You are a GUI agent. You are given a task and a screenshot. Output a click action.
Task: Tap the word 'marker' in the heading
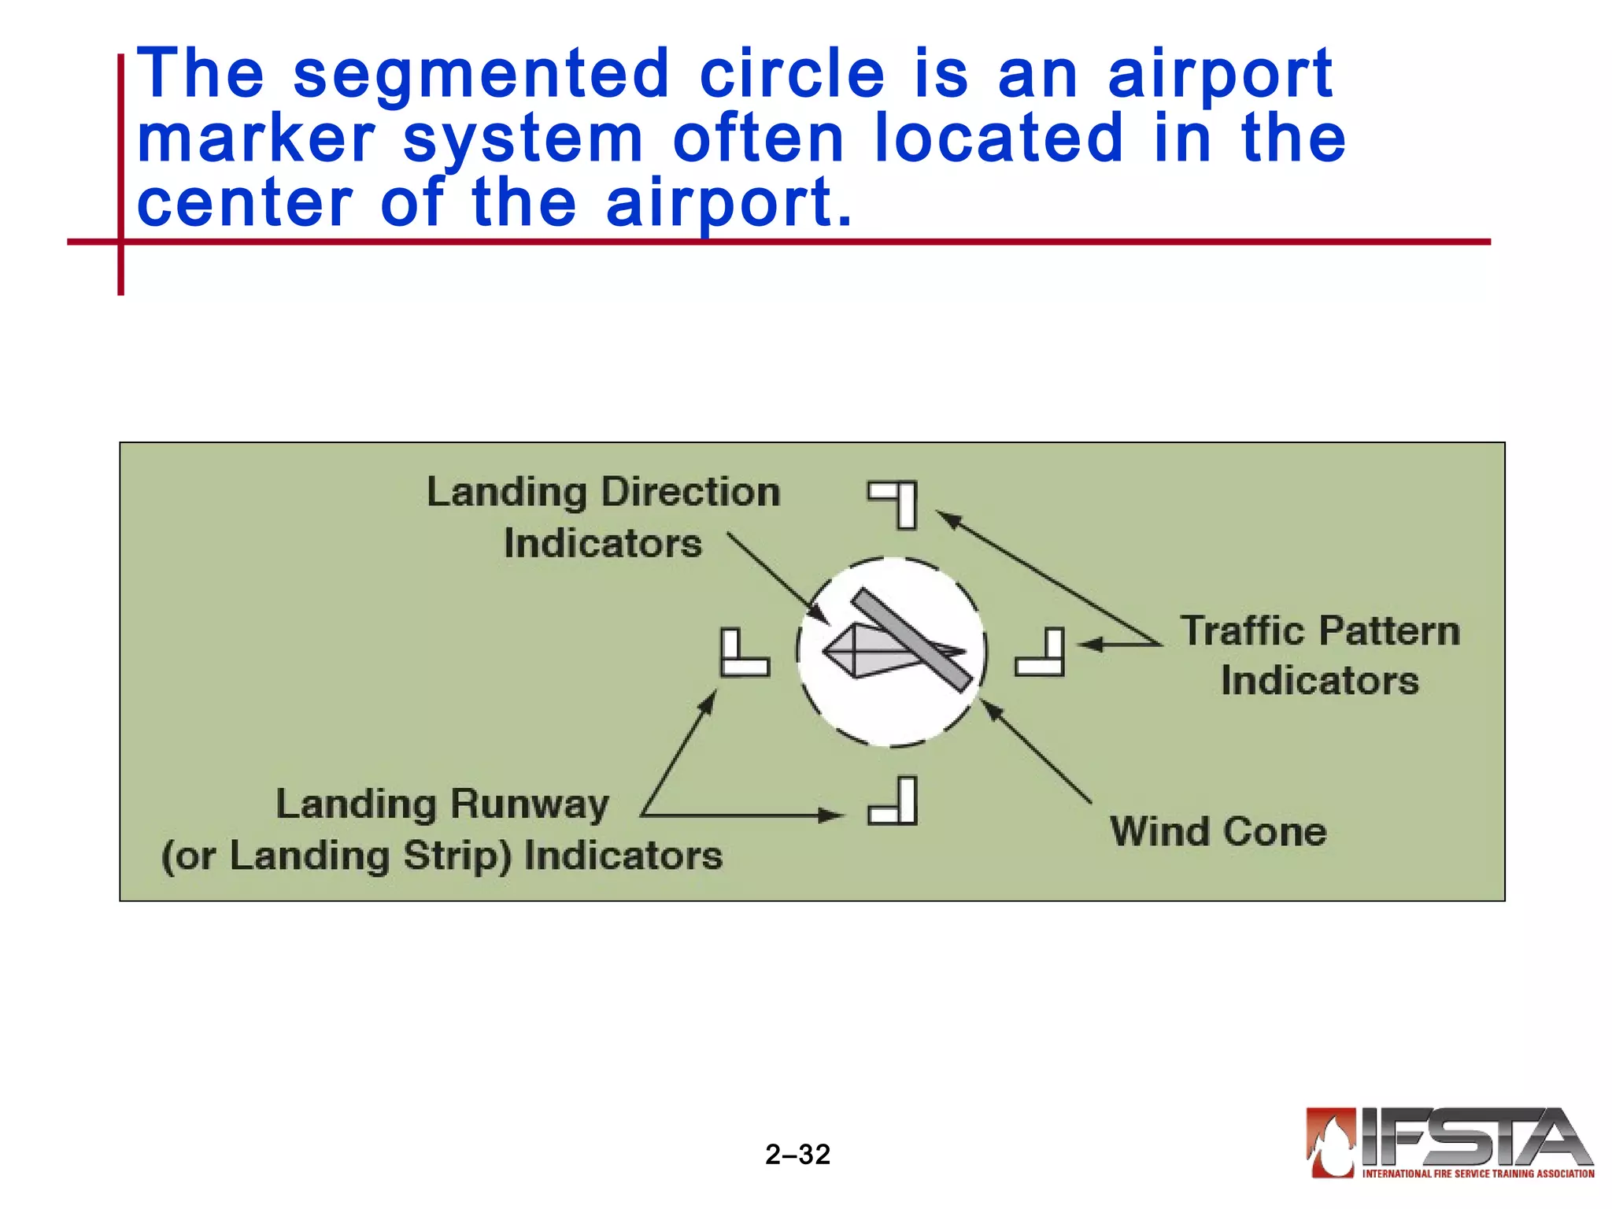(256, 139)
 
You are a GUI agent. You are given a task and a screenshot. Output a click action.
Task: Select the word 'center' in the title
(245, 204)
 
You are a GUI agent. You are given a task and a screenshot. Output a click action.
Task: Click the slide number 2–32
(797, 1154)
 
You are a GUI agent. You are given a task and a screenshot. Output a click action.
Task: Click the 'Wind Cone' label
(1218, 832)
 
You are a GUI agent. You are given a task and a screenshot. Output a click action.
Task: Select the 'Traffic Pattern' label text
(1320, 631)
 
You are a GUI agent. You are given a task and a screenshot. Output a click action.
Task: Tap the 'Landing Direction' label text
(603, 493)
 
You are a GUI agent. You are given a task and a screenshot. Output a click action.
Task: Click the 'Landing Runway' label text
(442, 804)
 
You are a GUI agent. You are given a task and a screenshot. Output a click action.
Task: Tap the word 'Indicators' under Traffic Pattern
(1320, 681)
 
